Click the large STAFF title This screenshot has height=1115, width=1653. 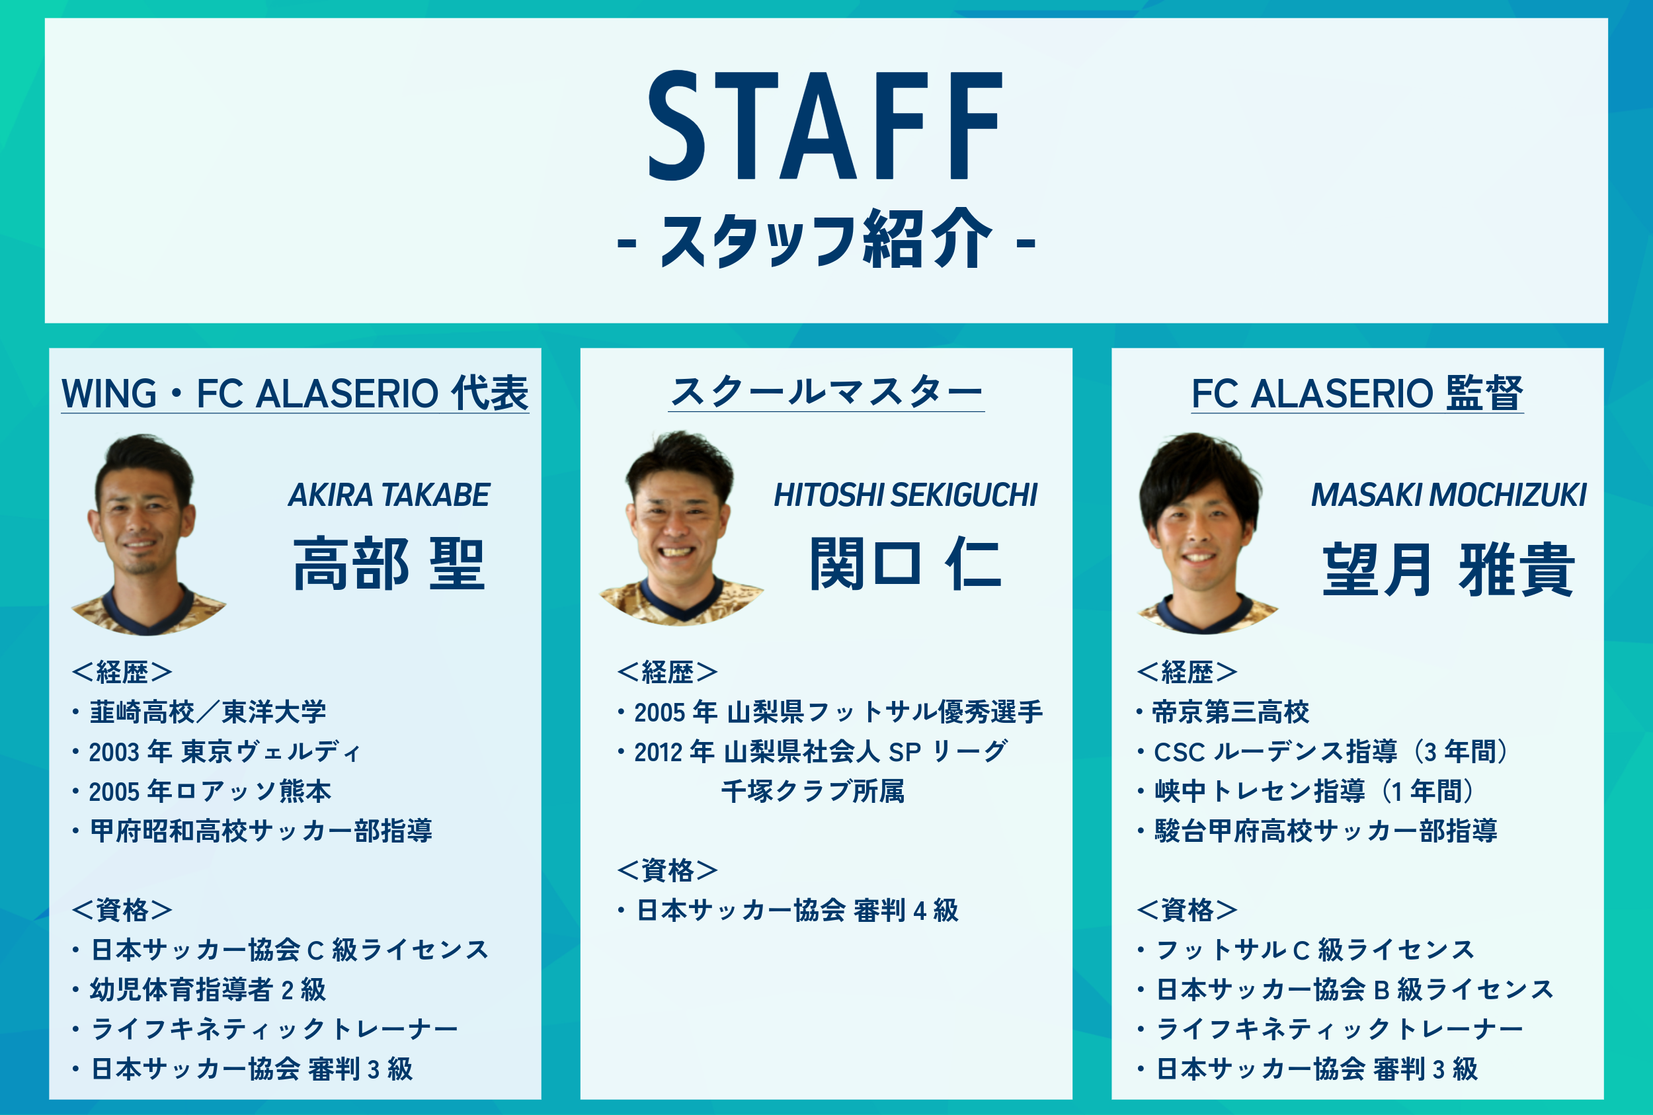[825, 125]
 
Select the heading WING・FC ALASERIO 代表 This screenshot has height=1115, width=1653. [295, 393]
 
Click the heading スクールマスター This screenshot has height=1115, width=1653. [826, 392]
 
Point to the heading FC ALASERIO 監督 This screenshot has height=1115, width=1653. [1357, 393]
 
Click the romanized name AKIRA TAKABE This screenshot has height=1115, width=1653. [389, 495]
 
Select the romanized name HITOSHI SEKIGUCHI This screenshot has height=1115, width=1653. [906, 495]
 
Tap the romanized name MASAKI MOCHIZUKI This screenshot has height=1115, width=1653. [1448, 495]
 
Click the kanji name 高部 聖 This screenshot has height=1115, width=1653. [389, 563]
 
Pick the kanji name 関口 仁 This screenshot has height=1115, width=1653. [906, 563]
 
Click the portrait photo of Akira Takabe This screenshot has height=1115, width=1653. [148, 535]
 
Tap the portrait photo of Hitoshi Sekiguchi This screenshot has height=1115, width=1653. [680, 528]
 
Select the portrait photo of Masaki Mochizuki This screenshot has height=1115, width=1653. [1207, 533]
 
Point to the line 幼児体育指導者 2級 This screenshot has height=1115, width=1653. [200, 989]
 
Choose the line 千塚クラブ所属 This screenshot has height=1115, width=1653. [813, 791]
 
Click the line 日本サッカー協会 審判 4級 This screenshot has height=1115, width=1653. [788, 910]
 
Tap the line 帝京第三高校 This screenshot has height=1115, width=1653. [1223, 712]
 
